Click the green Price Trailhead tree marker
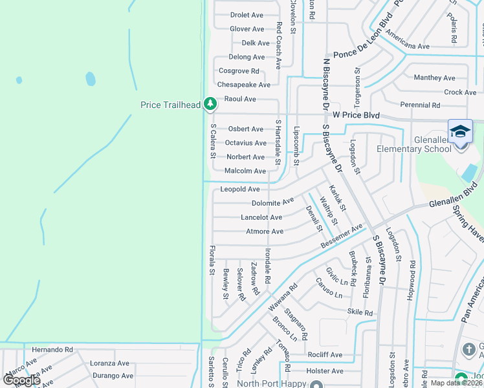click(210, 103)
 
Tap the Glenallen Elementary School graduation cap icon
click(460, 131)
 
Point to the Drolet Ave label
click(247, 15)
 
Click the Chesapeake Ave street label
click(243, 85)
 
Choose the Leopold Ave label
click(239, 189)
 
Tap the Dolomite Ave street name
click(272, 202)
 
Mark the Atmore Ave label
click(265, 232)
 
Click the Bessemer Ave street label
click(342, 241)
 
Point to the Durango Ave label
click(113, 376)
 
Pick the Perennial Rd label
click(420, 105)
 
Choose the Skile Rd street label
click(360, 313)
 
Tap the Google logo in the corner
click(21, 380)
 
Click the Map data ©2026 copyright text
click(456, 383)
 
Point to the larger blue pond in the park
click(91, 79)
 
